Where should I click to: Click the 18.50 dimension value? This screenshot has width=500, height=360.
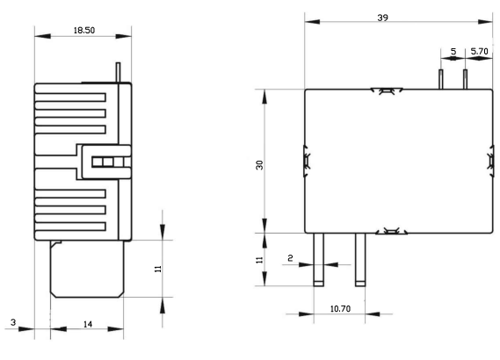pyautogui.click(x=83, y=30)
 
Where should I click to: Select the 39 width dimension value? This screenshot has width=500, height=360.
pyautogui.click(x=383, y=18)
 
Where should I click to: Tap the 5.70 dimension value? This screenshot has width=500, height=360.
pyautogui.click(x=480, y=52)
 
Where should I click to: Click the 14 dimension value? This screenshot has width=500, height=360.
pyautogui.click(x=87, y=324)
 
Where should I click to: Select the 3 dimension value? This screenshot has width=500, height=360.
pyautogui.click(x=13, y=324)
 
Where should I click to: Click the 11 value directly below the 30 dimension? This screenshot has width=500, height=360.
pyautogui.click(x=258, y=260)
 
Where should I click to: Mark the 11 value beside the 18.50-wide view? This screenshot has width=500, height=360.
pyautogui.click(x=158, y=269)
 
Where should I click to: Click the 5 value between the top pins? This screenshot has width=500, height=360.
pyautogui.click(x=453, y=52)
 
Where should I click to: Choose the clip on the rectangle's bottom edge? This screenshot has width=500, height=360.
pyautogui.click(x=388, y=232)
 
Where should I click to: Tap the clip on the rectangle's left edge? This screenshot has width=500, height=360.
pyautogui.click(x=307, y=161)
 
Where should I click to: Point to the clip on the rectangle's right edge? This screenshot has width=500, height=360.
pyautogui.click(x=489, y=161)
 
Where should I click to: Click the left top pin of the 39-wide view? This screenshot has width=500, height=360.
pyautogui.click(x=440, y=79)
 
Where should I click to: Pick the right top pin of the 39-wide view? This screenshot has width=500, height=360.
pyautogui.click(x=465, y=79)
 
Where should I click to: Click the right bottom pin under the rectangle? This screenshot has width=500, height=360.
pyautogui.click(x=359, y=260)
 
